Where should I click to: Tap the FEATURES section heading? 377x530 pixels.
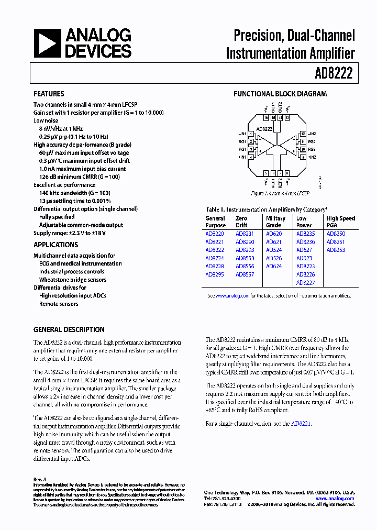point(49,94)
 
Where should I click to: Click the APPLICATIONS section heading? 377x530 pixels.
point(56,245)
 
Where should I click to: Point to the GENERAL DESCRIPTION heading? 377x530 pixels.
point(69,329)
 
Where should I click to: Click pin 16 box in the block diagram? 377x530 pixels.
point(266,118)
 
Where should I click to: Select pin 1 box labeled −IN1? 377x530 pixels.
point(251,134)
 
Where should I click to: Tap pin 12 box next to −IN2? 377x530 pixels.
point(303,134)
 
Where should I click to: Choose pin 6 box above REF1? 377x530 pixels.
point(273,173)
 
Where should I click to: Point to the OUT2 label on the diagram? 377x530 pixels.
point(281,108)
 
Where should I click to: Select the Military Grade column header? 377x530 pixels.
point(275,222)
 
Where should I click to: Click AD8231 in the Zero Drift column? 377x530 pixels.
point(245,234)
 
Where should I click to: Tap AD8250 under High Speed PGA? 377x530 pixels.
point(336,234)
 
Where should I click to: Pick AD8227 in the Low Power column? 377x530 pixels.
point(305,283)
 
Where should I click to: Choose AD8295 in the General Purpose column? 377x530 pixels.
point(214,274)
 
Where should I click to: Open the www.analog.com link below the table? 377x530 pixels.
point(232,296)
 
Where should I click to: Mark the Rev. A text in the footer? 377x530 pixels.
point(40,479)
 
